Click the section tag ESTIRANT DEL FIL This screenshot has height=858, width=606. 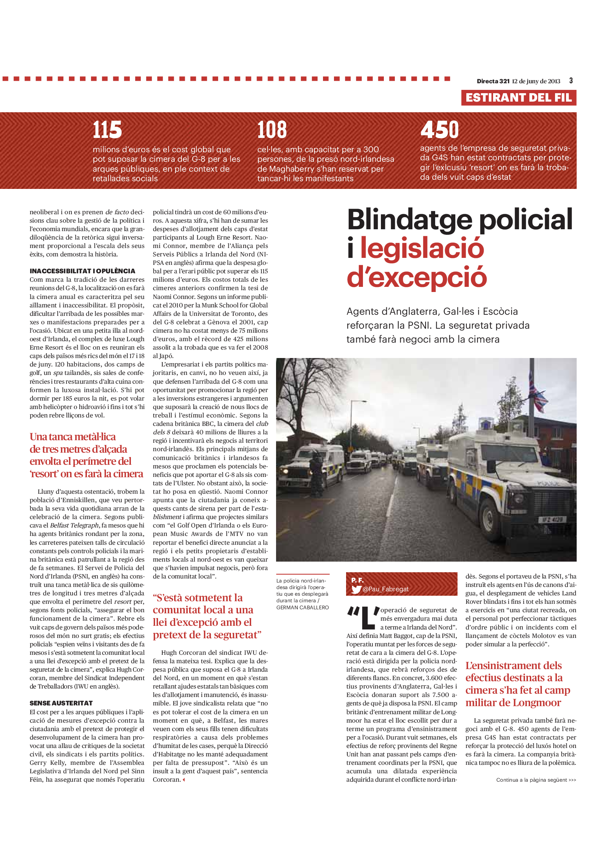(x=518, y=98)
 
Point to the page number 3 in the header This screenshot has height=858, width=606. (x=571, y=81)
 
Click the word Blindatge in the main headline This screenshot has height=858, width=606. (x=409, y=220)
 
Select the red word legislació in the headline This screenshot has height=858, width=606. (x=422, y=248)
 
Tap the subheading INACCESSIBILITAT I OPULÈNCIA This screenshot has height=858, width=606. (x=82, y=271)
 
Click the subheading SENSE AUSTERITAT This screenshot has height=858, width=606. (x=61, y=703)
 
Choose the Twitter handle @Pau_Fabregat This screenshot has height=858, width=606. (x=386, y=589)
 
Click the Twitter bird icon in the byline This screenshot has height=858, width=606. (x=356, y=589)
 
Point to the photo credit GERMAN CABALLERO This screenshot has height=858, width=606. (x=302, y=607)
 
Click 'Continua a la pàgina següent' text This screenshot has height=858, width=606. (x=536, y=779)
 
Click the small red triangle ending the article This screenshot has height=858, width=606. (x=184, y=779)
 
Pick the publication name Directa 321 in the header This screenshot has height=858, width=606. (x=493, y=81)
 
